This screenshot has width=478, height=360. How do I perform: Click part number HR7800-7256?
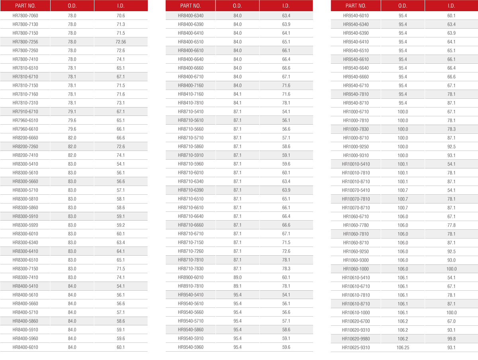tap(25, 42)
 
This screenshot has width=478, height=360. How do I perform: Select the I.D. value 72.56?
tap(121, 42)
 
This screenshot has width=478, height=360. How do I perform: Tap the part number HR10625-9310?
tap(356, 348)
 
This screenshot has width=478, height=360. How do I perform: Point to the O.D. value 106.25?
tap(403, 348)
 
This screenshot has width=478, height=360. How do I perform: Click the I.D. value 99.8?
tap(451, 339)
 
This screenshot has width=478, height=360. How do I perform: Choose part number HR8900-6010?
tap(190, 278)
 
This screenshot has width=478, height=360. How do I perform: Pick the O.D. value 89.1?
tap(237, 286)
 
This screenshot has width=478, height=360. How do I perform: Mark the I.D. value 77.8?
tap(451, 225)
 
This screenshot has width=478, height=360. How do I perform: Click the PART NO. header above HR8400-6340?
tap(190, 6)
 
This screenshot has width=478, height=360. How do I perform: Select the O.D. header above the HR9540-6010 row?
tap(403, 6)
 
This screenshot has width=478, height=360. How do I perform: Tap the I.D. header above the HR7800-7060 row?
tap(121, 6)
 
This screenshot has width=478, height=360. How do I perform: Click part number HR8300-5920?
tap(25, 225)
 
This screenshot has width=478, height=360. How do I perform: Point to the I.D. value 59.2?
tap(121, 225)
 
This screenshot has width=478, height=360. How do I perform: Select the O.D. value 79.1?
tap(72, 112)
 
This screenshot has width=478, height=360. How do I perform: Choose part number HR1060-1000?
tap(356, 269)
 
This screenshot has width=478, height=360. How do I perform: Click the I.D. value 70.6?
tap(121, 16)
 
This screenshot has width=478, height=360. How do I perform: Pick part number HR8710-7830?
tap(190, 269)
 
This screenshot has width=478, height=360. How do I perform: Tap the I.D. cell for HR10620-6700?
tap(451, 321)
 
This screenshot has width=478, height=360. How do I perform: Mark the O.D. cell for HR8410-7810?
tap(237, 103)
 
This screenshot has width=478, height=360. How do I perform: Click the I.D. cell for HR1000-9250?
tap(451, 147)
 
